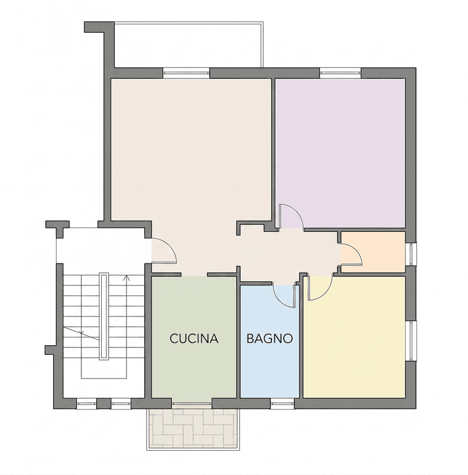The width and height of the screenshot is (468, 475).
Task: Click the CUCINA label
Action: click(x=194, y=338)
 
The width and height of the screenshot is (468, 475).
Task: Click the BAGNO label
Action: click(x=270, y=338)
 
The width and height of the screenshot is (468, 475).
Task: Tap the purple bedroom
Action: click(x=340, y=153)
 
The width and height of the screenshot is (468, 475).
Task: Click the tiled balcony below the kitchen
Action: click(x=193, y=428)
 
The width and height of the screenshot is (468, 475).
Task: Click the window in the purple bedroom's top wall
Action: click(x=340, y=73)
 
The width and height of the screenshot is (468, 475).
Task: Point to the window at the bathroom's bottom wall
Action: click(x=282, y=403)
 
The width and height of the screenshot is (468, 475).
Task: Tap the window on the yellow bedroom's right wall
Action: click(x=411, y=341)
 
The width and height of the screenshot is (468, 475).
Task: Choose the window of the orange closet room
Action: click(x=411, y=254)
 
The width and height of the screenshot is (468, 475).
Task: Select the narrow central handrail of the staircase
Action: click(x=103, y=316)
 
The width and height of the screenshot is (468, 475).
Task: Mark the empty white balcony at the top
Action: click(x=188, y=45)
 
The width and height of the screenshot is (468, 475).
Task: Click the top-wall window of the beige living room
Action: click(x=187, y=73)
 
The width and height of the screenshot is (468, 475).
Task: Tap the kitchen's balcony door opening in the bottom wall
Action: click(x=192, y=403)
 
